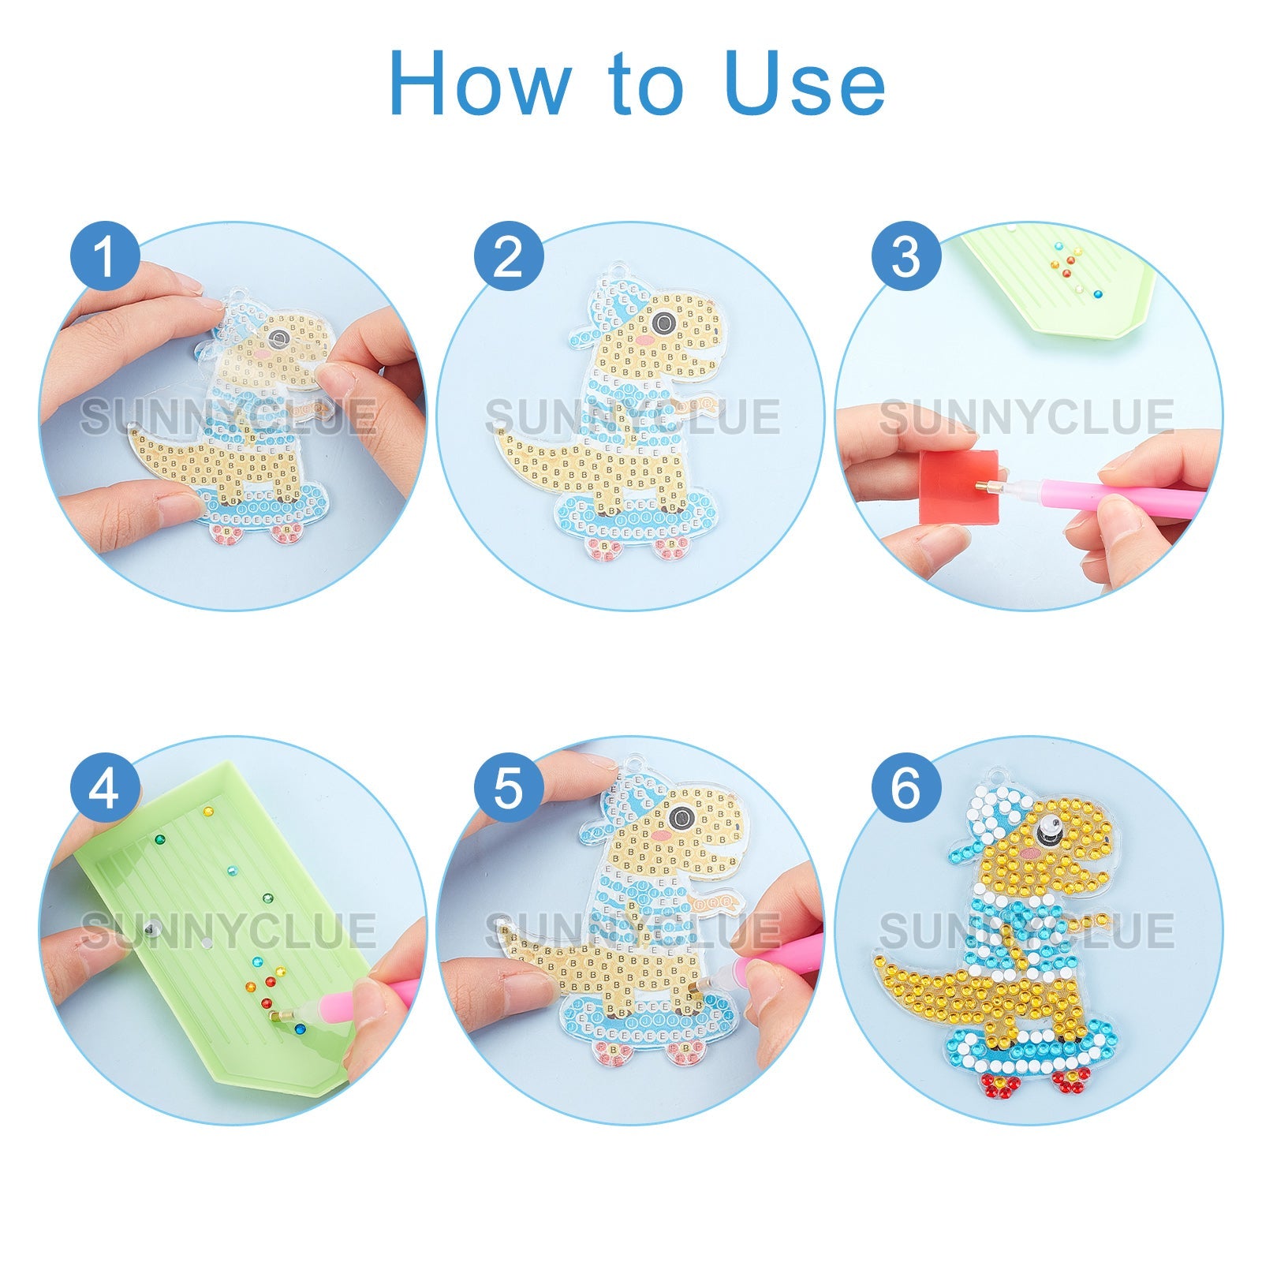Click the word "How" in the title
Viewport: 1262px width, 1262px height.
click(x=480, y=84)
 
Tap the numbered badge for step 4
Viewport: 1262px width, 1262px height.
click(x=105, y=787)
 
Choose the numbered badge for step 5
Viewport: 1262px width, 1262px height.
click(x=509, y=787)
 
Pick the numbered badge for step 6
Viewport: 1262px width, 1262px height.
click(x=906, y=787)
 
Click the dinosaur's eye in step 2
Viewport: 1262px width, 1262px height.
click(x=663, y=323)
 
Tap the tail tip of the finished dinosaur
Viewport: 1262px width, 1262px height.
click(x=878, y=956)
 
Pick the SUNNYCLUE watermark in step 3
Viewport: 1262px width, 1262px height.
click(x=1027, y=417)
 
